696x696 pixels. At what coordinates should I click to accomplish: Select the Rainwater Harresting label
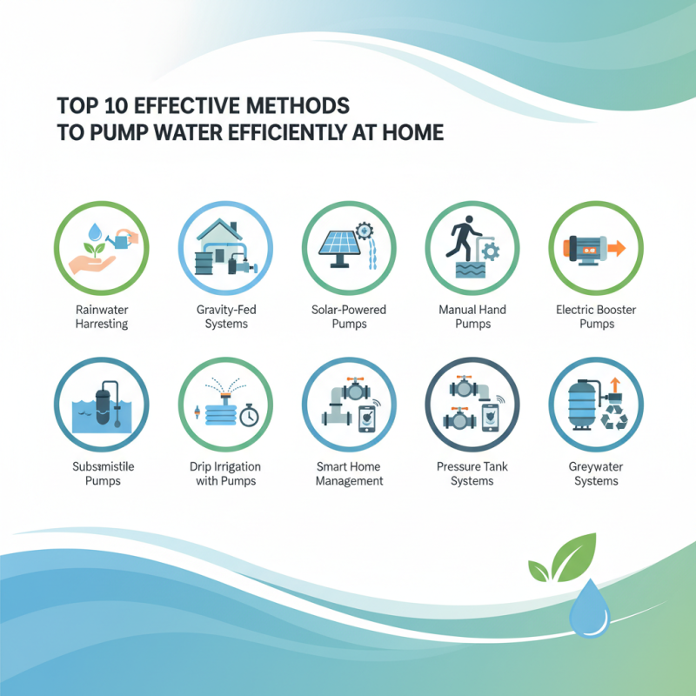coord(101,317)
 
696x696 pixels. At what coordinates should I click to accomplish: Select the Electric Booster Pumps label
coord(596,317)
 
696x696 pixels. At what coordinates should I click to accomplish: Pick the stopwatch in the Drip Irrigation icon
coord(250,415)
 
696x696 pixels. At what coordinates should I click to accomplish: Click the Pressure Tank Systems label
coord(472,473)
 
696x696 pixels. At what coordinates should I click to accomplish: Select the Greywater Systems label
coord(596,473)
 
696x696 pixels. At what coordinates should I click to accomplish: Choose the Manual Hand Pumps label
coord(472,317)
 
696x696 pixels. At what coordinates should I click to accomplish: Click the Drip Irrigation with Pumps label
coord(225,473)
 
